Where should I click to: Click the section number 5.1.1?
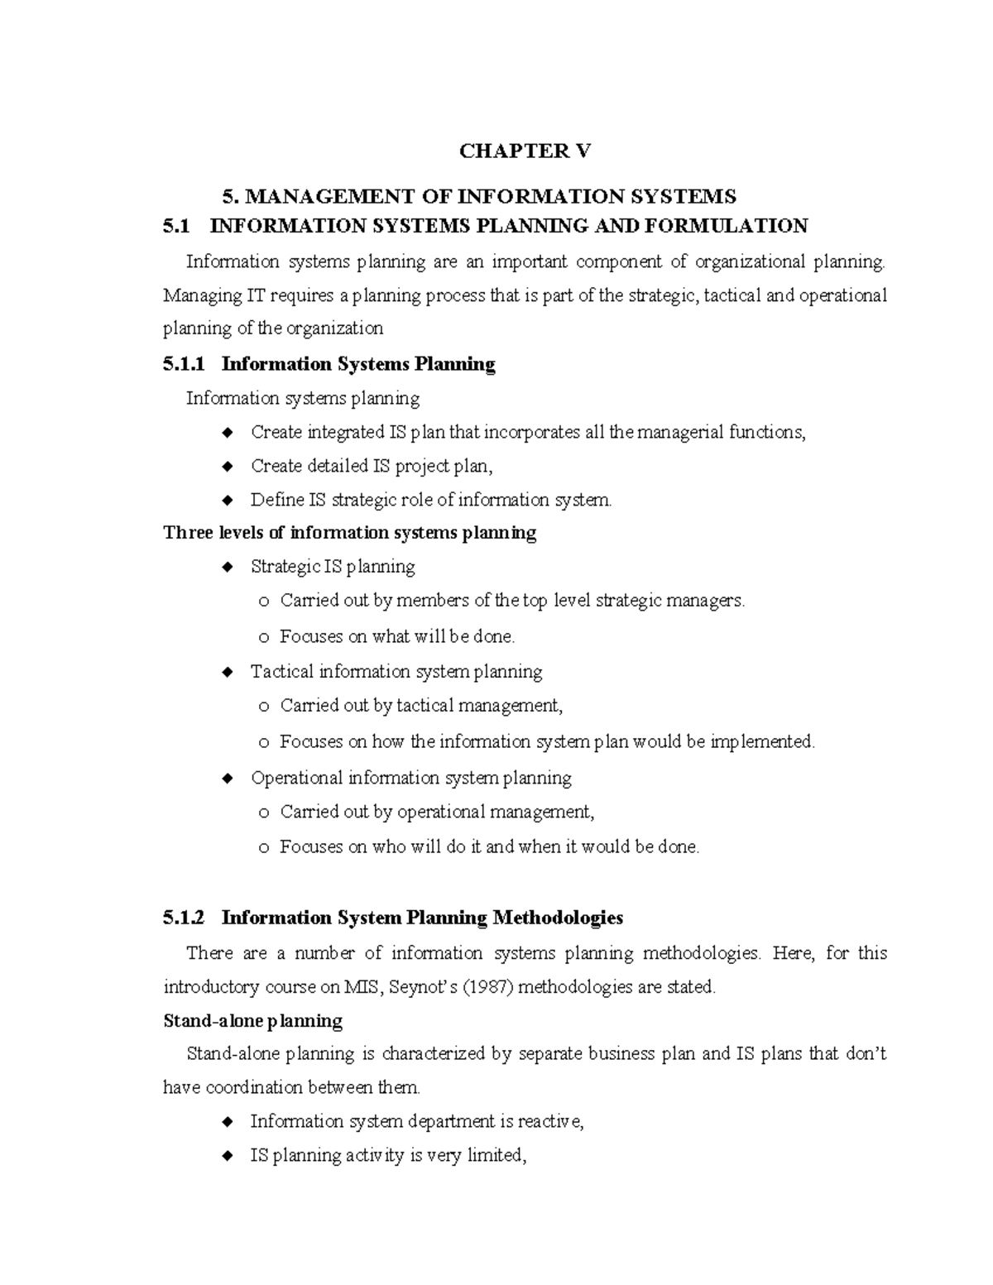[x=188, y=364]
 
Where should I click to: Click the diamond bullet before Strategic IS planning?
[x=228, y=568]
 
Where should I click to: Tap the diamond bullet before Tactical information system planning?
[x=228, y=673]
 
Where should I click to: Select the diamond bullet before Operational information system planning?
[x=228, y=779]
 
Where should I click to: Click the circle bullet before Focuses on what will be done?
[x=263, y=638]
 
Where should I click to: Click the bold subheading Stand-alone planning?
[x=252, y=1020]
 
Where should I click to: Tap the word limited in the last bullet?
[x=496, y=1155]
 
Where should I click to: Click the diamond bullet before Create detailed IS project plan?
[x=228, y=467]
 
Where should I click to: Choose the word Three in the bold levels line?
[x=188, y=532]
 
